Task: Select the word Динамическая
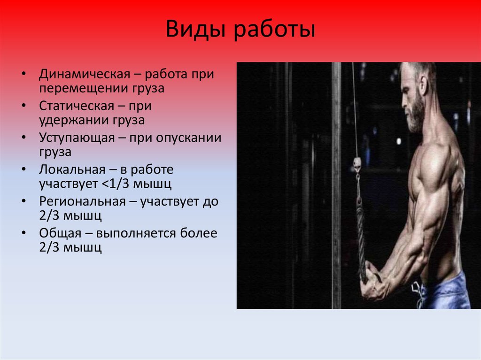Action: tap(83, 75)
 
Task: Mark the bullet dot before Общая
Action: tap(24, 234)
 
